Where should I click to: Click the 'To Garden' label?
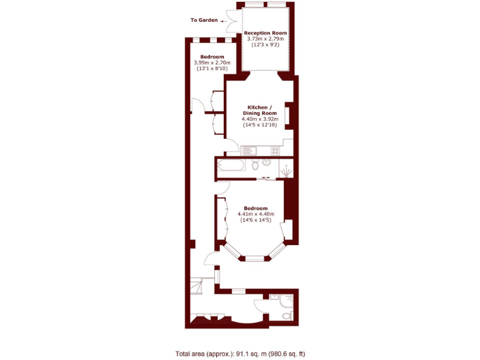204,20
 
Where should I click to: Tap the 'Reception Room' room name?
266,32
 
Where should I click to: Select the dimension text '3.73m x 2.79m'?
266,39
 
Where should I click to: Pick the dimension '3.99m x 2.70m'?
212,62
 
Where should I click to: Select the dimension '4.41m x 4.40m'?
256,214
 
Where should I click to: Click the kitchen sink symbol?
247,150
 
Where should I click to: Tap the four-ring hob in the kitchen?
275,150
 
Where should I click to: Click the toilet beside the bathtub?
255,165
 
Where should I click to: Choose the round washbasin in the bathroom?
267,162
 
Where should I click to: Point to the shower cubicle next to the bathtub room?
286,169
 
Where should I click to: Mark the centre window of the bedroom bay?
254,257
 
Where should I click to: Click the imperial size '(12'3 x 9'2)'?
266,45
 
